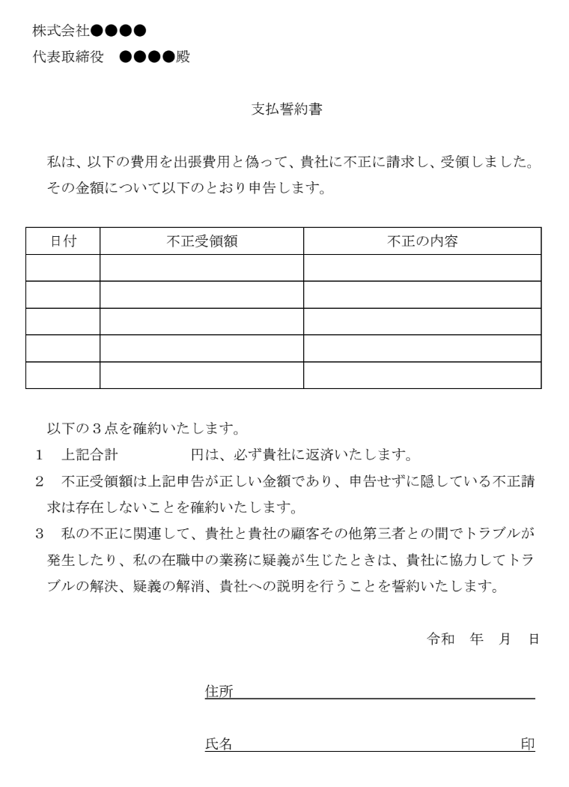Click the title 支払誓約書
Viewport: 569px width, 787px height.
pos(286,109)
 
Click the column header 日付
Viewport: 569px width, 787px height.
pos(63,241)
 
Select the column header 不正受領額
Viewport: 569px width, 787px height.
pos(201,241)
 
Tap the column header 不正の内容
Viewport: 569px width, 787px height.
pos(422,241)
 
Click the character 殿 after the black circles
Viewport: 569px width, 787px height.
pos(183,57)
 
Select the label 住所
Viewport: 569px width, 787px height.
pos(218,691)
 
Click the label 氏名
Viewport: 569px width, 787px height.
pos(218,744)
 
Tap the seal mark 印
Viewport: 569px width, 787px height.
pos(528,744)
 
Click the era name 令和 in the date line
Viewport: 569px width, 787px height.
pos(441,639)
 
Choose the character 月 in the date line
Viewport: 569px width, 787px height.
pos(505,639)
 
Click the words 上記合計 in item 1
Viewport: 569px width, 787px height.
pos(89,455)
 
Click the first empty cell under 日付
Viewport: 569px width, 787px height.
pos(63,268)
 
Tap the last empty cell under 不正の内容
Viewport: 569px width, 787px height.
pos(422,375)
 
